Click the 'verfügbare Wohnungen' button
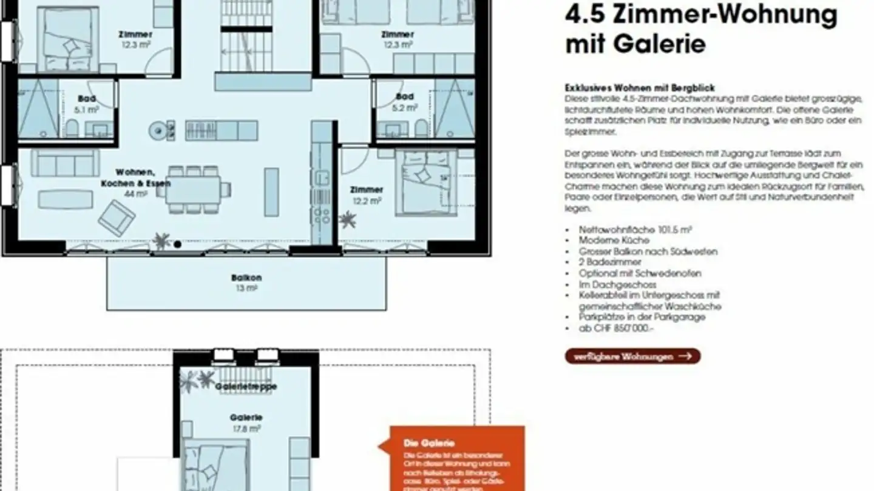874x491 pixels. click(632, 356)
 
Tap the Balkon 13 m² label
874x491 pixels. click(246, 283)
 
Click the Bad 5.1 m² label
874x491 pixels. click(86, 104)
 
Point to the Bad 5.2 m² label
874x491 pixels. click(405, 102)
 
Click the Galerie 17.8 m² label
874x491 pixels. click(246, 423)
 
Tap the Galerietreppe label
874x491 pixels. click(246, 386)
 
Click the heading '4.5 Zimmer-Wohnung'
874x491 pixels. click(701, 15)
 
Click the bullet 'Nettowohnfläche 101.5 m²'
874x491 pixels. click(635, 230)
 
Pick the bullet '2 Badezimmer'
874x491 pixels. click(609, 262)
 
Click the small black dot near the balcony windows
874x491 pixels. click(177, 244)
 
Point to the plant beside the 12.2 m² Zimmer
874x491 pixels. click(347, 219)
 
